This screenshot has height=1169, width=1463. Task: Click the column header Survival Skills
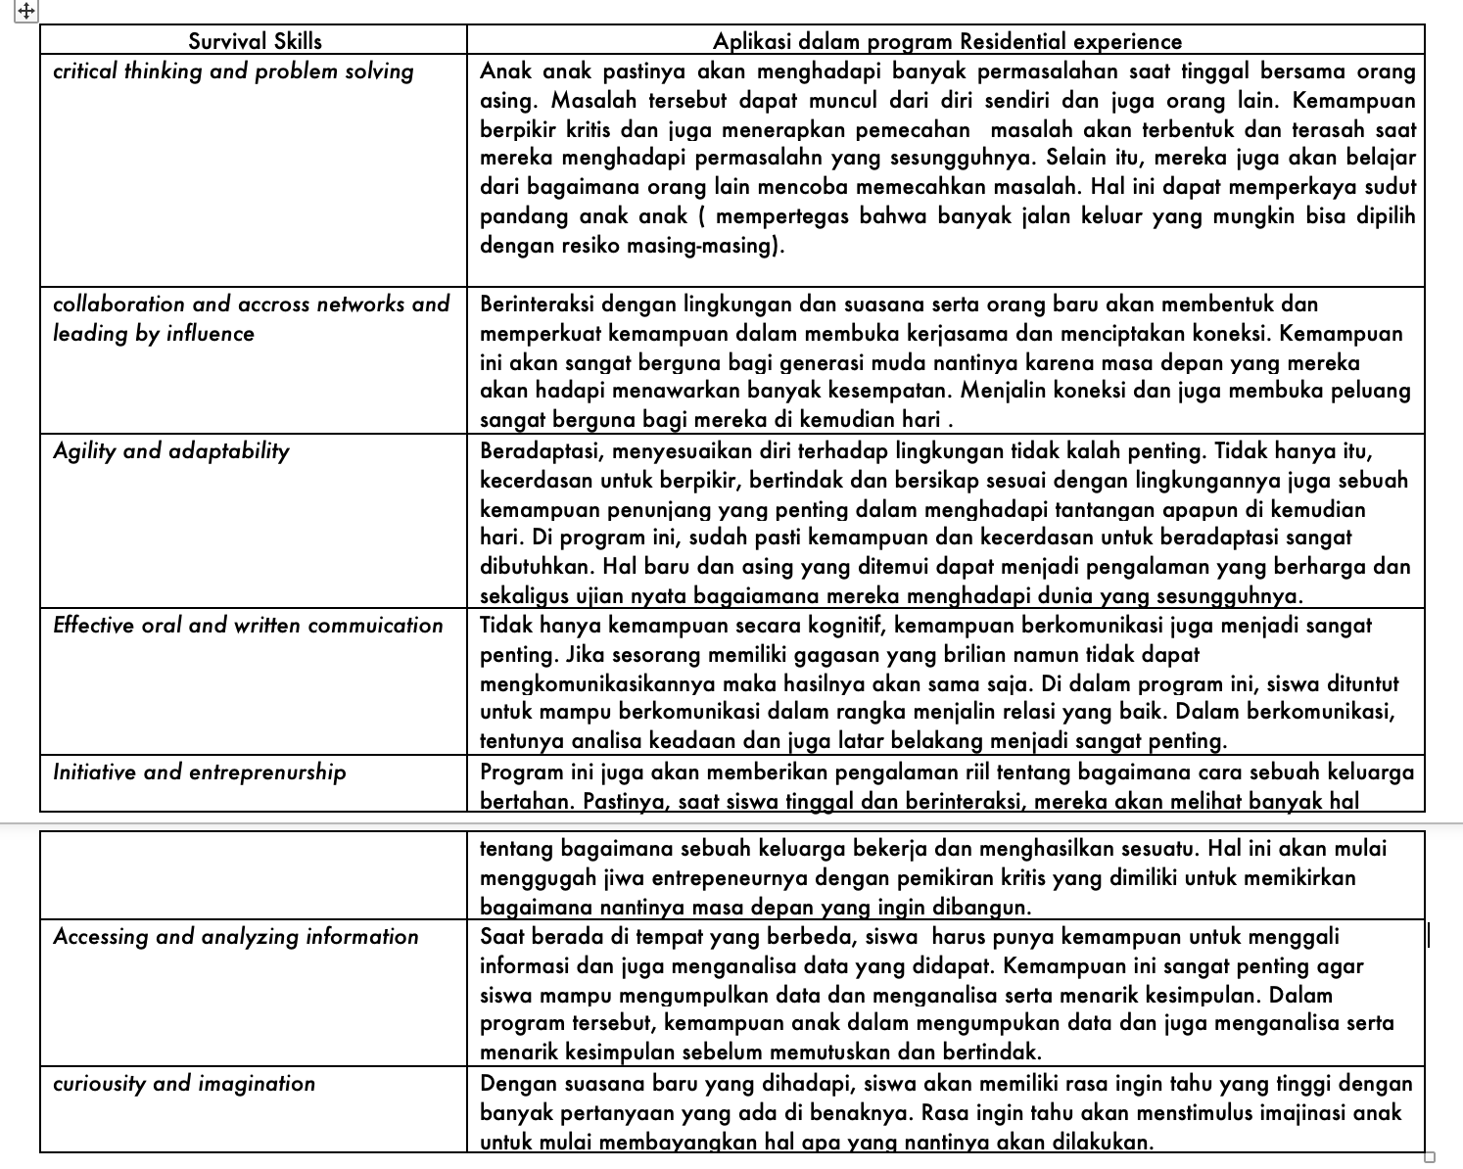point(255,41)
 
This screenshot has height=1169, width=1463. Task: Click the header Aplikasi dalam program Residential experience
point(947,41)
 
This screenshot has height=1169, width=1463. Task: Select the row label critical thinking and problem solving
point(233,71)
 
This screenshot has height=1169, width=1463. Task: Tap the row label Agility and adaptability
point(171,451)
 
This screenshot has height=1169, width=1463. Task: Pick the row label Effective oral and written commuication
point(248,626)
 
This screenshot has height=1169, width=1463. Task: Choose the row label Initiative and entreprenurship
point(200,772)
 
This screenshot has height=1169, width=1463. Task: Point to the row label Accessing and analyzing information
point(236,937)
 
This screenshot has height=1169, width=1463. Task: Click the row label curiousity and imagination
point(184,1084)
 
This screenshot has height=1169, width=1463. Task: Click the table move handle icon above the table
point(26,11)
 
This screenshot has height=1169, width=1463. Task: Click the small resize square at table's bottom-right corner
point(1430,1157)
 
